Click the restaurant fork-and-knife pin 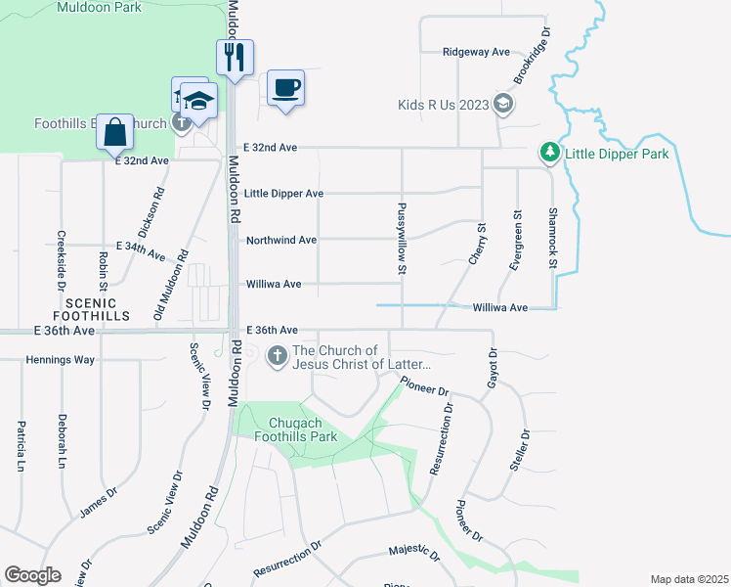tap(235, 58)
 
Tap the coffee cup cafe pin tap(285, 88)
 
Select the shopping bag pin tap(115, 131)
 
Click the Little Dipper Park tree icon tap(550, 153)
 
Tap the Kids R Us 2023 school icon tap(503, 105)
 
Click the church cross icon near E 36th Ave tap(278, 357)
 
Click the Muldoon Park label tap(100, 8)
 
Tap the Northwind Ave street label tap(281, 240)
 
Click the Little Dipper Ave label tap(284, 194)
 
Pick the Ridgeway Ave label tap(477, 52)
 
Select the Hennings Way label tap(60, 360)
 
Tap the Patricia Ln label tap(21, 446)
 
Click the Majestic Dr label tap(414, 554)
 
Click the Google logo tap(32, 575)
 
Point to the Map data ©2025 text tap(688, 579)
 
